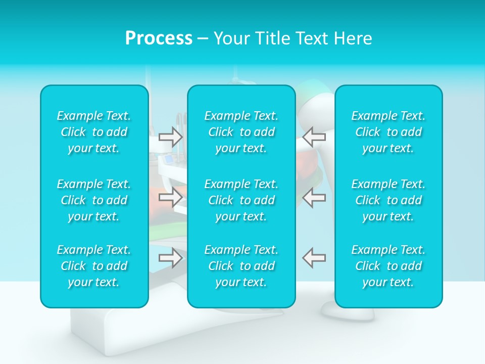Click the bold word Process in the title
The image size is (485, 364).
tap(159, 38)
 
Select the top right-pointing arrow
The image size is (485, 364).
tap(171, 136)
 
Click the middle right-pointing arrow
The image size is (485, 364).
tap(171, 197)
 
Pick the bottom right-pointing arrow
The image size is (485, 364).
tap(171, 258)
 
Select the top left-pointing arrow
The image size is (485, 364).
tap(314, 136)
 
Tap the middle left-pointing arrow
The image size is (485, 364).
tap(314, 197)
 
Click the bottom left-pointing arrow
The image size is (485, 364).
tap(314, 258)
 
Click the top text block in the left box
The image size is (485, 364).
tap(94, 132)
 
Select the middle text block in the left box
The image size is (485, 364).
tap(94, 200)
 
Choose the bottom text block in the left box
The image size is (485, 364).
tap(94, 266)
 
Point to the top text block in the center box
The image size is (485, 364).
tap(241, 132)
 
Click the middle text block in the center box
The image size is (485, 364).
tap(241, 200)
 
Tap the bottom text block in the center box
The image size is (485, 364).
tap(241, 266)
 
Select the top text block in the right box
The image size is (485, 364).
tap(389, 132)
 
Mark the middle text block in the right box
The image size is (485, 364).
tap(389, 200)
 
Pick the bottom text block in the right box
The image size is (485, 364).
tap(389, 266)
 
